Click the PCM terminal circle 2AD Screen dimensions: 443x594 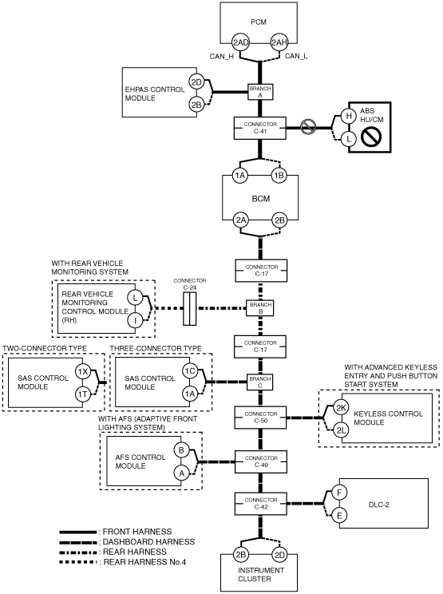pos(240,42)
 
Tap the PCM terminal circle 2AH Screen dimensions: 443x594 pos(279,42)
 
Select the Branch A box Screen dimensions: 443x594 pos(260,92)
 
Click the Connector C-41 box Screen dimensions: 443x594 pos(259,128)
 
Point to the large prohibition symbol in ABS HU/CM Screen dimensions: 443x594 pos(371,137)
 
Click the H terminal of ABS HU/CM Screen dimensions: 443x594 pos(349,116)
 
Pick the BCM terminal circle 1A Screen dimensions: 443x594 pos(240,176)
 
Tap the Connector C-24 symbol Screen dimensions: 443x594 pos(190,308)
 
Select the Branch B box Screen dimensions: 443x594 pos(260,307)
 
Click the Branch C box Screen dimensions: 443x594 pos(260,382)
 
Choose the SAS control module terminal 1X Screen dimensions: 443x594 pos(82,371)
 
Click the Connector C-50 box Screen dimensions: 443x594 pos(261,418)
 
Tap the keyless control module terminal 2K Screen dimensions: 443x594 pos(341,408)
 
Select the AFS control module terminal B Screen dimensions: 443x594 pos(181,450)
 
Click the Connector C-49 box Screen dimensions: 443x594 pos(261,461)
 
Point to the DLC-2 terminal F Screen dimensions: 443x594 pos(339,493)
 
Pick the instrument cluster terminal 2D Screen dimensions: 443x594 pos(279,555)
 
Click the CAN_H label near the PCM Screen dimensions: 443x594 pos(222,57)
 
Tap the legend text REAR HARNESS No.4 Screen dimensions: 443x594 pos(144,562)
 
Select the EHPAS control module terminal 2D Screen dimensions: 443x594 pos(196,82)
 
